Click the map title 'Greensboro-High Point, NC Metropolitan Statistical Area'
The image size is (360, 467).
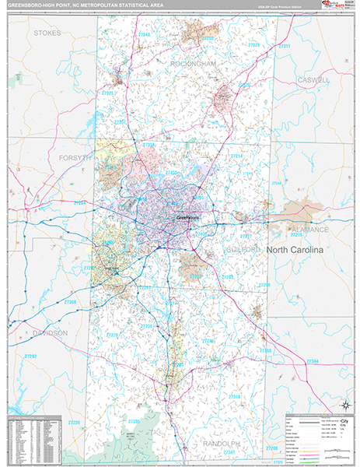coord(79,7)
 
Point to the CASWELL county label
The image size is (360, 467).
coord(313,80)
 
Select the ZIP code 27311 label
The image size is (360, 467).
coord(285,47)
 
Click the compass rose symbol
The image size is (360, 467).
coord(344,404)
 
